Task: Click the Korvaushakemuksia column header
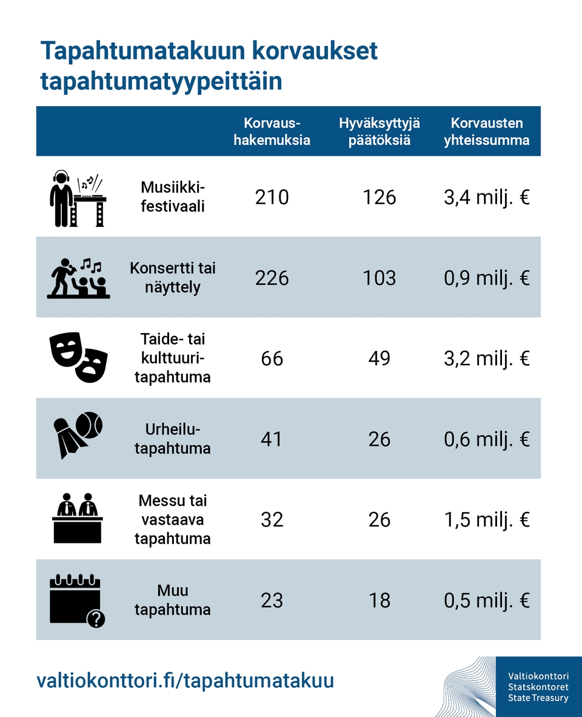coord(272,132)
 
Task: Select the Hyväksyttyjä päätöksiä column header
coord(380,132)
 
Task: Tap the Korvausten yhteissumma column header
coord(486,132)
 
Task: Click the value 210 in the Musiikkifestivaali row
coord(272,197)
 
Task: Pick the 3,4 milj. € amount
coord(486,197)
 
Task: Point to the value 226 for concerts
coord(272,278)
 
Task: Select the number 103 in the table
coord(380,278)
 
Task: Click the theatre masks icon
coord(78,358)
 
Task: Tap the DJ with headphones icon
coord(78,198)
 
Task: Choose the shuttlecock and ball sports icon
coord(78,434)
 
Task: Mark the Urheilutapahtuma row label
coord(173,439)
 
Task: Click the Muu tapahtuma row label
coord(173,600)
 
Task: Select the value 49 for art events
coord(380,358)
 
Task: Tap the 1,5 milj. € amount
coord(486,520)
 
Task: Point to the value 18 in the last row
coord(380,601)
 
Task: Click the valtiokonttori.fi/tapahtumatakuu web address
coord(186,680)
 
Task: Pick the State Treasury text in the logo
coord(538,698)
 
